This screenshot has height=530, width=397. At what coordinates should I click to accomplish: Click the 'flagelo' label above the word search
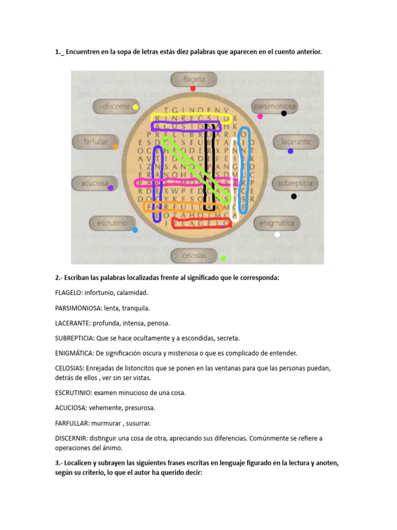194,79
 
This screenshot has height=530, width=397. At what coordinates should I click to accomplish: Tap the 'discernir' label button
115,107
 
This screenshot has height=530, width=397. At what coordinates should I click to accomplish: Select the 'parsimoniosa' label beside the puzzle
274,107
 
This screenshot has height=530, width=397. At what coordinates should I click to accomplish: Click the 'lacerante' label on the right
296,141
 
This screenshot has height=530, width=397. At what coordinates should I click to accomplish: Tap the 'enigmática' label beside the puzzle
277,223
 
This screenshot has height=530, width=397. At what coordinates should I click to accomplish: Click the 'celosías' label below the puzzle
194,255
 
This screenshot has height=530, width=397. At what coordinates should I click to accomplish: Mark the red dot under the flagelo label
193,89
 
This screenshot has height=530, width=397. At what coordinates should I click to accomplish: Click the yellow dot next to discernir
135,107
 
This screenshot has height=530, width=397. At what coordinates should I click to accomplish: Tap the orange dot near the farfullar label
115,147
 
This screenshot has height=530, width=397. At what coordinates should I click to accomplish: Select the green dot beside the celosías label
223,258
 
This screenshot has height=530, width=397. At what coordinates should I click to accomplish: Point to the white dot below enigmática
277,234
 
